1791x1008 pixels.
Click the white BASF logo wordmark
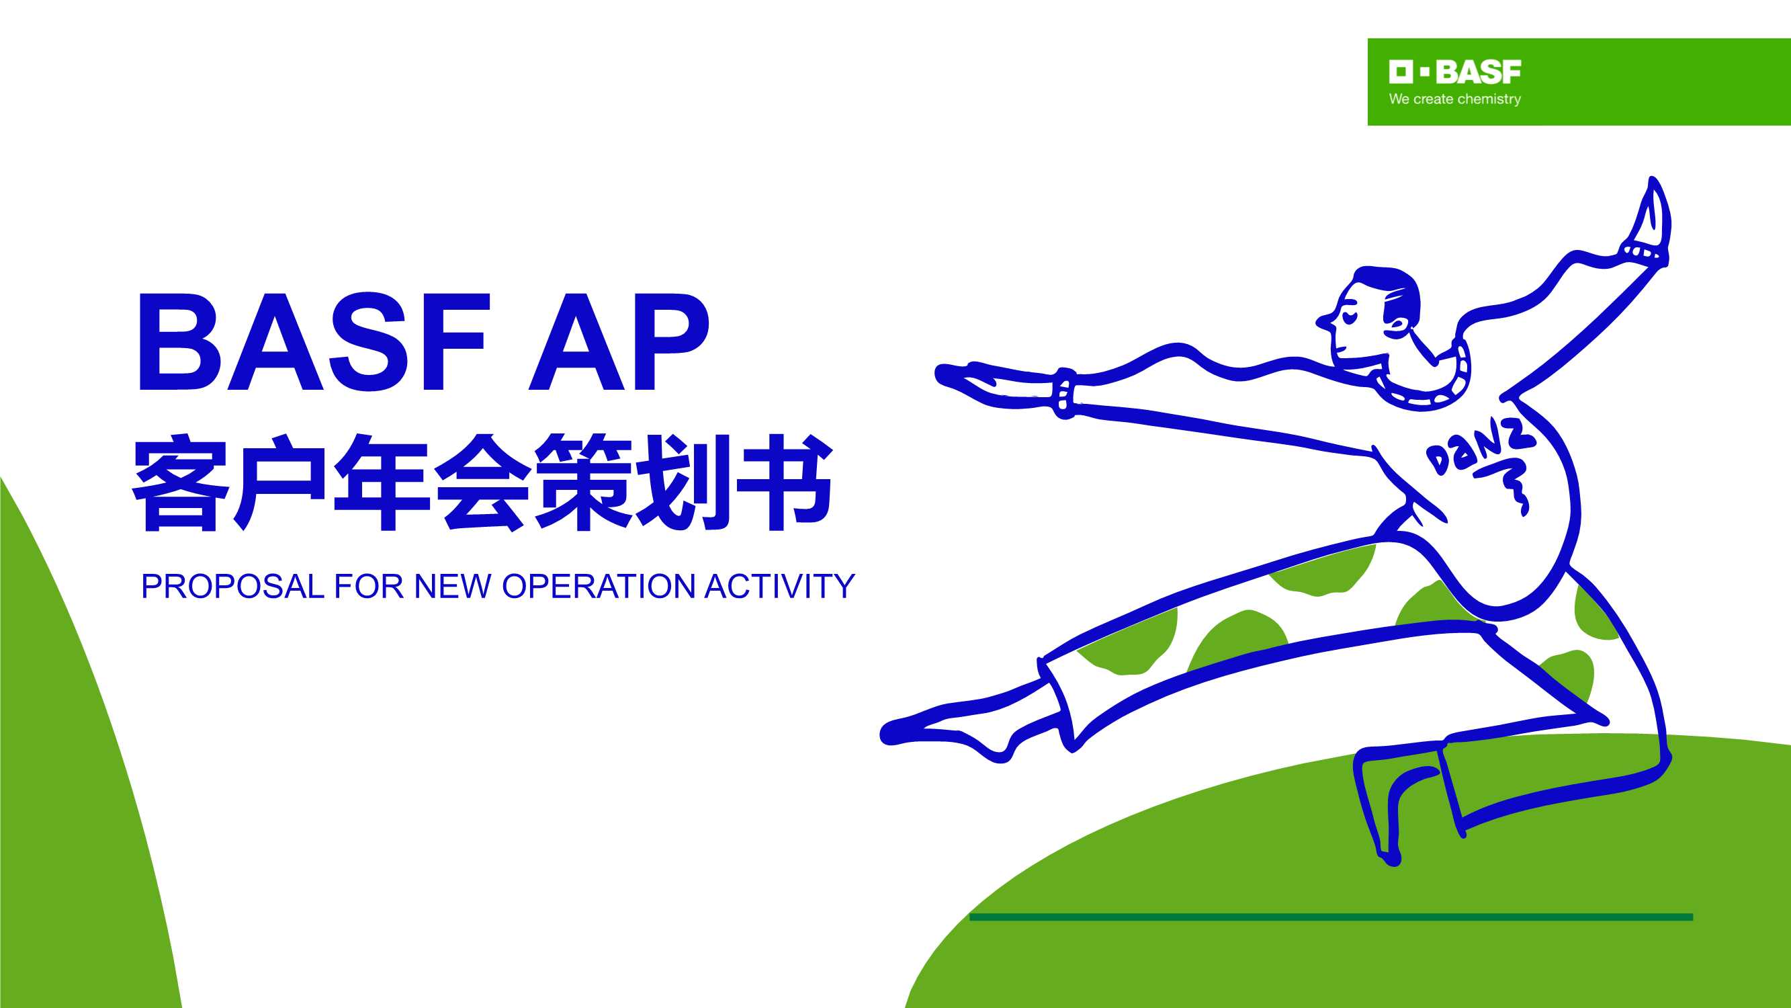click(x=1454, y=72)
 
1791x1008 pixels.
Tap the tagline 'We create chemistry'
click(x=1454, y=99)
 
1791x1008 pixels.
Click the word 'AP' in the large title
click(x=619, y=342)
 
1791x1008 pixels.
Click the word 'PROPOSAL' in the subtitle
click(x=232, y=587)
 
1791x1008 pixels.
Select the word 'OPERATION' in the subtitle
click(x=598, y=587)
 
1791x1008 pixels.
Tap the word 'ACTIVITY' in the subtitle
click(x=779, y=587)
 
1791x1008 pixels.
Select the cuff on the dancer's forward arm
click(x=1064, y=394)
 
